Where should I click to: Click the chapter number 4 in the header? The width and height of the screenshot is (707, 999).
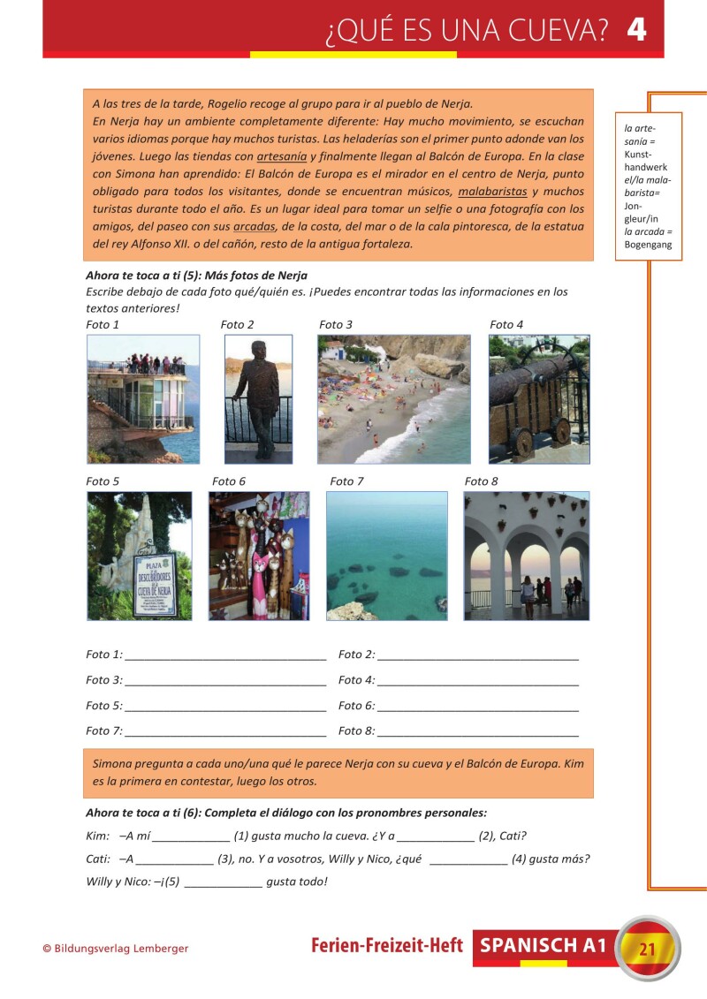(x=636, y=30)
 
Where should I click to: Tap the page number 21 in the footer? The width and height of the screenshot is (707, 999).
(x=647, y=950)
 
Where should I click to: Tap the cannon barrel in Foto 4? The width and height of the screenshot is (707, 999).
(x=530, y=379)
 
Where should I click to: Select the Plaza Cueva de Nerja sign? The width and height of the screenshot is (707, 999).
(x=154, y=585)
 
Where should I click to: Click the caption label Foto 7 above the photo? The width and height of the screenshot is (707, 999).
(x=346, y=481)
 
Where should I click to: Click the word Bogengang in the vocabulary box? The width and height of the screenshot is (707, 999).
(x=648, y=245)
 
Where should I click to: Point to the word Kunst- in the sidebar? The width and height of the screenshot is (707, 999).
(x=639, y=154)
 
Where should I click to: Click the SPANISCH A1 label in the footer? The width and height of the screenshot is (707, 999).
(x=544, y=946)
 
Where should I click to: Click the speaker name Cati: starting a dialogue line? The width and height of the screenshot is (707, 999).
(x=98, y=859)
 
